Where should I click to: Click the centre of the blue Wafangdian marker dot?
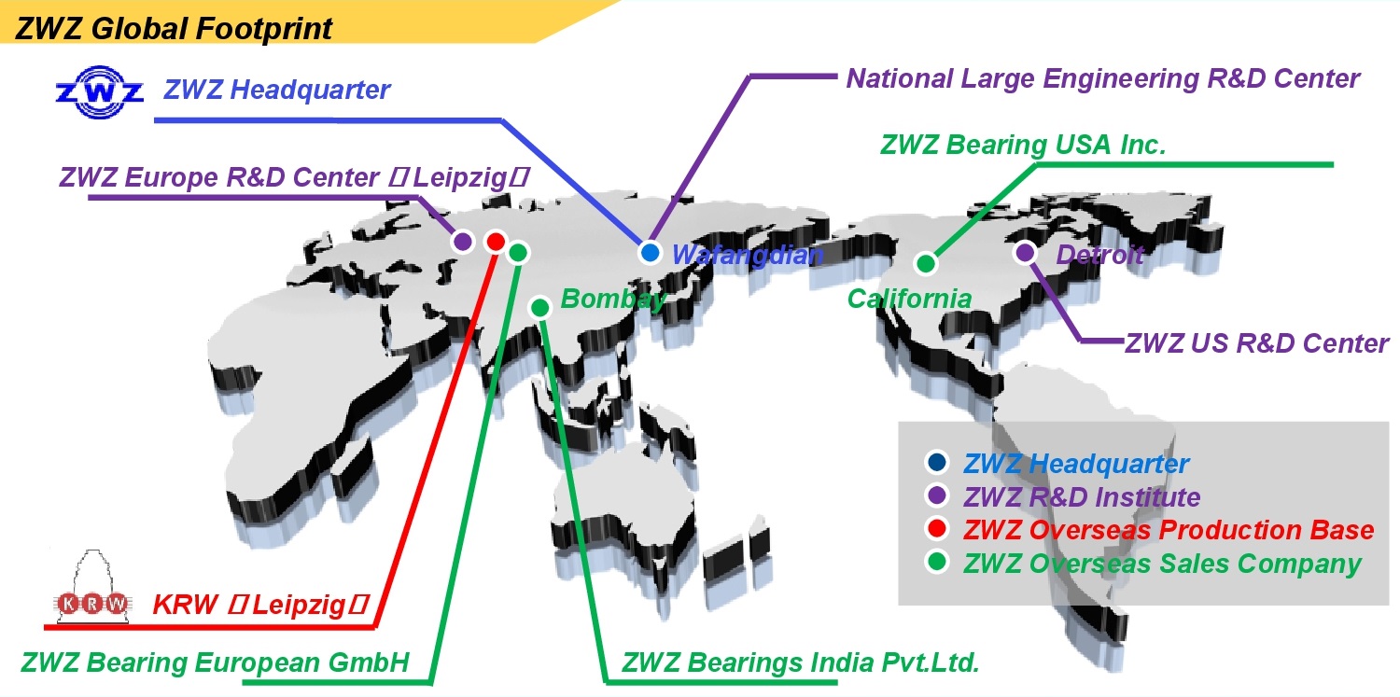pyautogui.click(x=650, y=253)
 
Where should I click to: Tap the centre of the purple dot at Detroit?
pyautogui.click(x=1025, y=253)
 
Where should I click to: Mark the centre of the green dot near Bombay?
pyautogui.click(x=540, y=307)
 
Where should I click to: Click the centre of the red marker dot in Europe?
pyautogui.click(x=496, y=242)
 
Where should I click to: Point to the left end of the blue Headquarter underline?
pyautogui.click(x=155, y=120)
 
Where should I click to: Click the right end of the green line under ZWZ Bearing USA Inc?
pyautogui.click(x=1333, y=165)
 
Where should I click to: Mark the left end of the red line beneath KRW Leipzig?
pyautogui.click(x=45, y=626)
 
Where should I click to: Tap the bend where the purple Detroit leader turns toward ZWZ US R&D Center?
pyautogui.click(x=1082, y=341)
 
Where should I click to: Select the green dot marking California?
pyautogui.click(x=926, y=263)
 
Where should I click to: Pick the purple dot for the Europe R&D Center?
pyautogui.click(x=463, y=241)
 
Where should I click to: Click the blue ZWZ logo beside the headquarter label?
pyautogui.click(x=100, y=92)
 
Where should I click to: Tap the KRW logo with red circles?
pyautogui.click(x=93, y=587)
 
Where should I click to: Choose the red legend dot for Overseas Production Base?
pyautogui.click(x=937, y=528)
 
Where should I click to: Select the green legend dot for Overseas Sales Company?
pyautogui.click(x=937, y=562)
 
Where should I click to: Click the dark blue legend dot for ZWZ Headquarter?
pyautogui.click(x=937, y=462)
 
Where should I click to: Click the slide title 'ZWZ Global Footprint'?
pyautogui.click(x=173, y=29)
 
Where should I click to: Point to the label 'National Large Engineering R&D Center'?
pyautogui.click(x=1103, y=79)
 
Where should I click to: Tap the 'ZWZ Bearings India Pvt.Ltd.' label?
pyautogui.click(x=800, y=662)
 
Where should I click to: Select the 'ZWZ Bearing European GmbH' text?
pyautogui.click(x=215, y=662)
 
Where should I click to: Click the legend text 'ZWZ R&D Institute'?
pyautogui.click(x=1082, y=497)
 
